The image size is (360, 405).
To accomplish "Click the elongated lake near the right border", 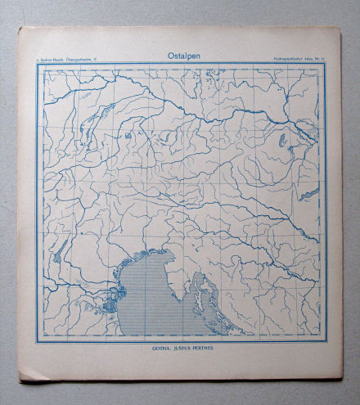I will click(309, 194).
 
